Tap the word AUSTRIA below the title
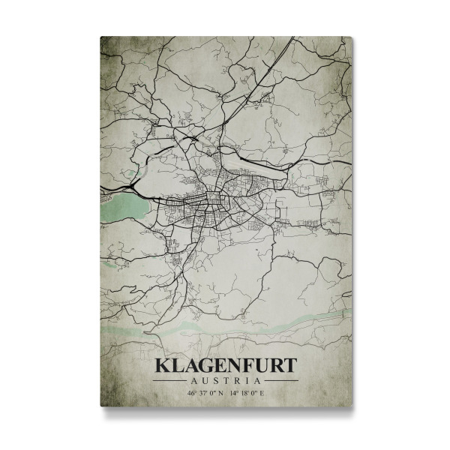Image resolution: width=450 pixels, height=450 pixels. coord(225,380)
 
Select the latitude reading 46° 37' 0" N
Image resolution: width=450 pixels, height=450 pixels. coord(200,392)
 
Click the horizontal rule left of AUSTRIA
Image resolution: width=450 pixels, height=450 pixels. coord(172,380)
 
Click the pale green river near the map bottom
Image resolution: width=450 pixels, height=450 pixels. coord(225,323)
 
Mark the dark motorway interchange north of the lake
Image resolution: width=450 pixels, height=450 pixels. coord(133,181)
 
